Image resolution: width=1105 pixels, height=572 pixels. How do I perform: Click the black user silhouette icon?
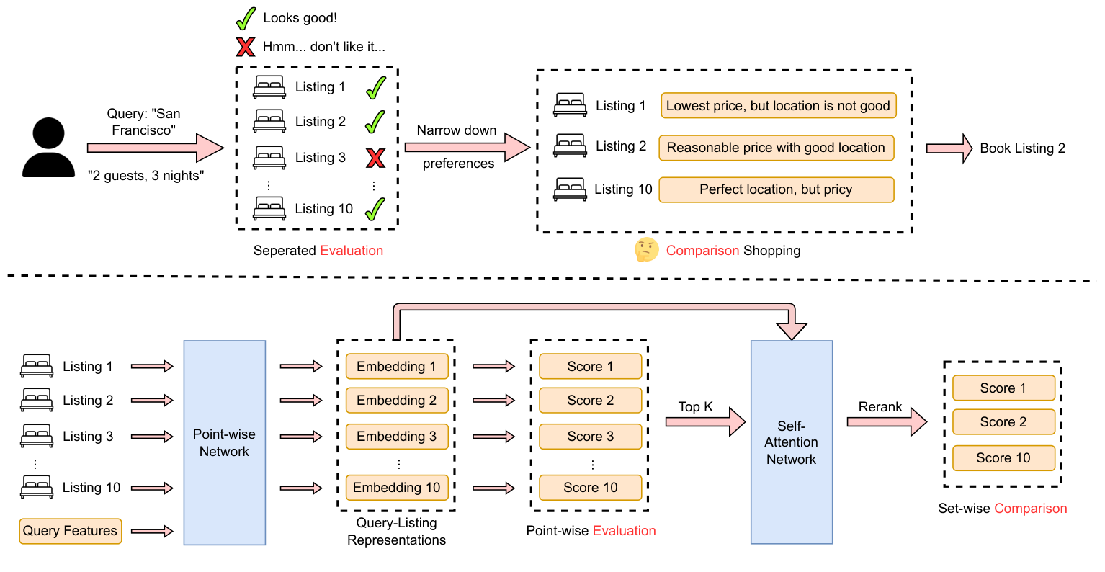(x=48, y=148)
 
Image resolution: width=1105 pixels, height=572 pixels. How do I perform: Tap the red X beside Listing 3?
(x=375, y=158)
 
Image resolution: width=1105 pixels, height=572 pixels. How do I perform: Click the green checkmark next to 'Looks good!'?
(x=246, y=18)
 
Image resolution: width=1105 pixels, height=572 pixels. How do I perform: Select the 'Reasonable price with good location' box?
(x=776, y=148)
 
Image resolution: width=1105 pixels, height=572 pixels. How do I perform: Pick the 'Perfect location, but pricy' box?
(x=776, y=189)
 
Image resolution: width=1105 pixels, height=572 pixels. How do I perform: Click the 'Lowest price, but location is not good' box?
(x=778, y=106)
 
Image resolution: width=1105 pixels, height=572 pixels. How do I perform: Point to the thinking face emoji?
(x=646, y=250)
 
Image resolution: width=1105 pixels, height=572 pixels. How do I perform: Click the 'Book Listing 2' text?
(x=1022, y=148)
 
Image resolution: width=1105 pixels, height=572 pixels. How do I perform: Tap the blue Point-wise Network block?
(x=224, y=442)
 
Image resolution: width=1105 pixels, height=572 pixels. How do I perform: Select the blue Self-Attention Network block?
(x=791, y=442)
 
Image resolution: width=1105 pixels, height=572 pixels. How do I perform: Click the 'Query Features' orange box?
(x=70, y=531)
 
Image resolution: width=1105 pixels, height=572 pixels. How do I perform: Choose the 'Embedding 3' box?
(x=396, y=437)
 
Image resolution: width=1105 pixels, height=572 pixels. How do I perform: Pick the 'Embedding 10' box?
(x=396, y=488)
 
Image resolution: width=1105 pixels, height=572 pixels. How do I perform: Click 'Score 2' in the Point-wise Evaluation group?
(x=590, y=401)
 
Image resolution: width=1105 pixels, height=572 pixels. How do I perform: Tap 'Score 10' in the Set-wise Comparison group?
(x=1003, y=458)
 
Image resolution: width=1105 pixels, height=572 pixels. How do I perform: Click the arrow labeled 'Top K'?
(x=704, y=422)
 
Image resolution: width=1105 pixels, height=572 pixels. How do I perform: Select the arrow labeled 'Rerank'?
(x=886, y=422)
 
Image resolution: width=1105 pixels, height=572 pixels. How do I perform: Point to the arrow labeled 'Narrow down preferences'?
(x=466, y=147)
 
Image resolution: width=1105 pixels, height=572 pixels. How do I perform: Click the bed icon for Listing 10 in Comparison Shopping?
(x=570, y=189)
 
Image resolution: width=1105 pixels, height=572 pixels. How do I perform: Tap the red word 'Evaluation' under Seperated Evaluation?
(x=352, y=251)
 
